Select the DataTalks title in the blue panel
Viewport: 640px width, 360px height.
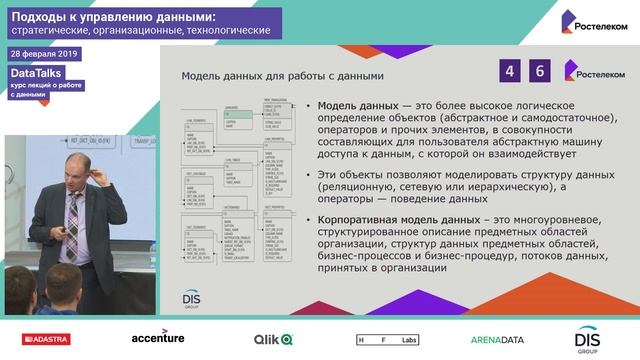point(32,72)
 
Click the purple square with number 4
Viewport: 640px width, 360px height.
point(511,71)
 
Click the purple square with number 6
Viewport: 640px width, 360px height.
point(541,71)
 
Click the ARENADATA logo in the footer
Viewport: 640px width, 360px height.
point(497,340)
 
